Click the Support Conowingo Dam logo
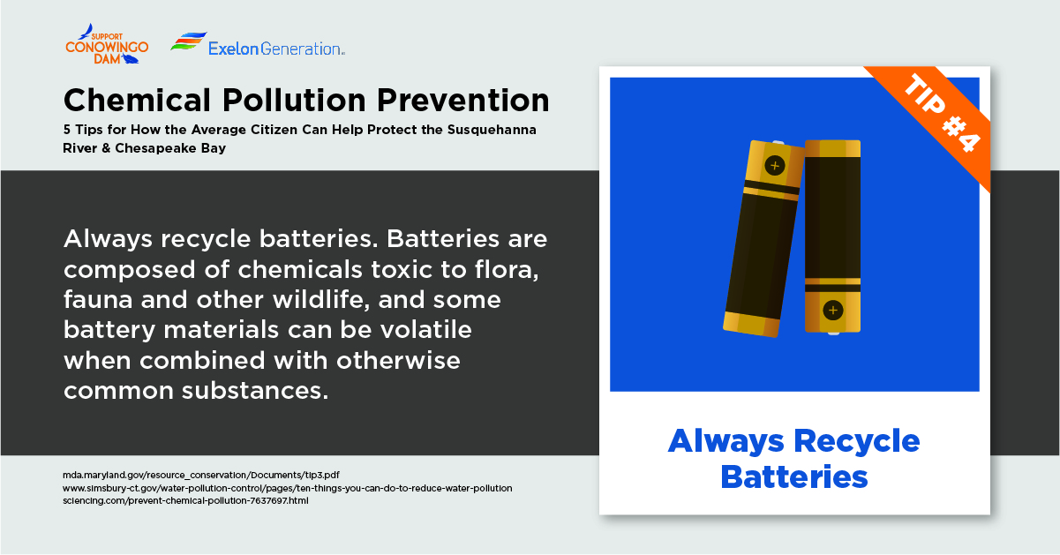point(107,44)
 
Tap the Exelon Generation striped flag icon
point(189,41)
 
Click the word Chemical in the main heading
point(137,101)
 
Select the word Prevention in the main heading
point(462,101)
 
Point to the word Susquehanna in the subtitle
point(492,130)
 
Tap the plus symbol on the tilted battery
point(775,166)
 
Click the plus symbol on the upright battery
point(833,311)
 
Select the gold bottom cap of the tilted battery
point(751,325)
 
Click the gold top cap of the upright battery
point(833,148)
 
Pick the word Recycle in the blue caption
point(856,441)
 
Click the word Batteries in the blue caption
point(794,477)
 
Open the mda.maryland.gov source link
point(201,475)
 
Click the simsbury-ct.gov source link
point(287,488)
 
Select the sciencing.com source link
point(185,500)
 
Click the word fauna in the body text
point(98,300)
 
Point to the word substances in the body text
point(255,391)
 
